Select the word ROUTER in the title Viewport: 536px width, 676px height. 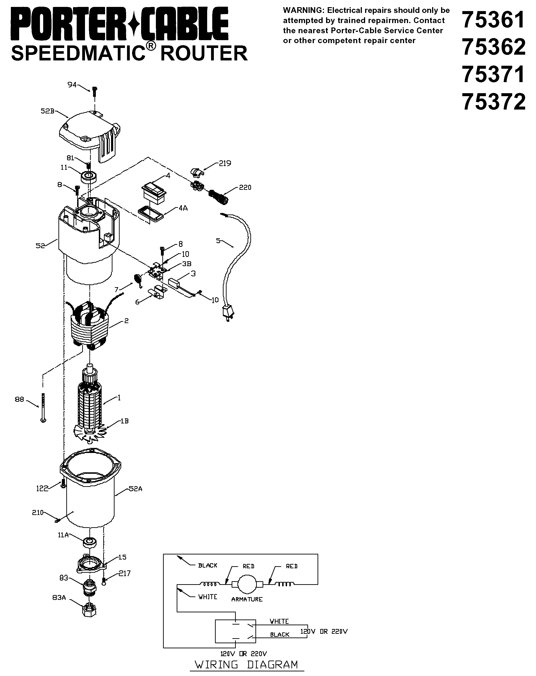[204, 53]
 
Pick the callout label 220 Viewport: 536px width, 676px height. [245, 188]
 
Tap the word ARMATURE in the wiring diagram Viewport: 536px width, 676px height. [247, 599]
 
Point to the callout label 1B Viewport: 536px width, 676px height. [124, 421]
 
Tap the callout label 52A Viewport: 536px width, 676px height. [136, 488]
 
